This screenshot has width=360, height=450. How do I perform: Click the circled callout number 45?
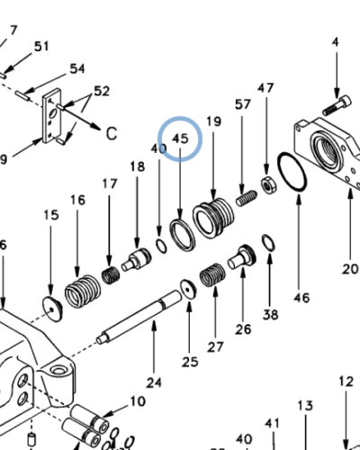[180, 139]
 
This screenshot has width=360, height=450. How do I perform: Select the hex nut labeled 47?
[267, 185]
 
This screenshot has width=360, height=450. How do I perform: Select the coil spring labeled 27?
[213, 274]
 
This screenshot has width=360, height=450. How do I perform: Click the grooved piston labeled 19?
[216, 217]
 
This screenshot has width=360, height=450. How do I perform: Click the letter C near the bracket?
[112, 134]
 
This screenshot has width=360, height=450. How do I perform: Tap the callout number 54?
[77, 69]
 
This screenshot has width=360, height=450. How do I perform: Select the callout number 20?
[350, 267]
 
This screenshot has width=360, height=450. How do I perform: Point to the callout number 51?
[41, 46]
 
